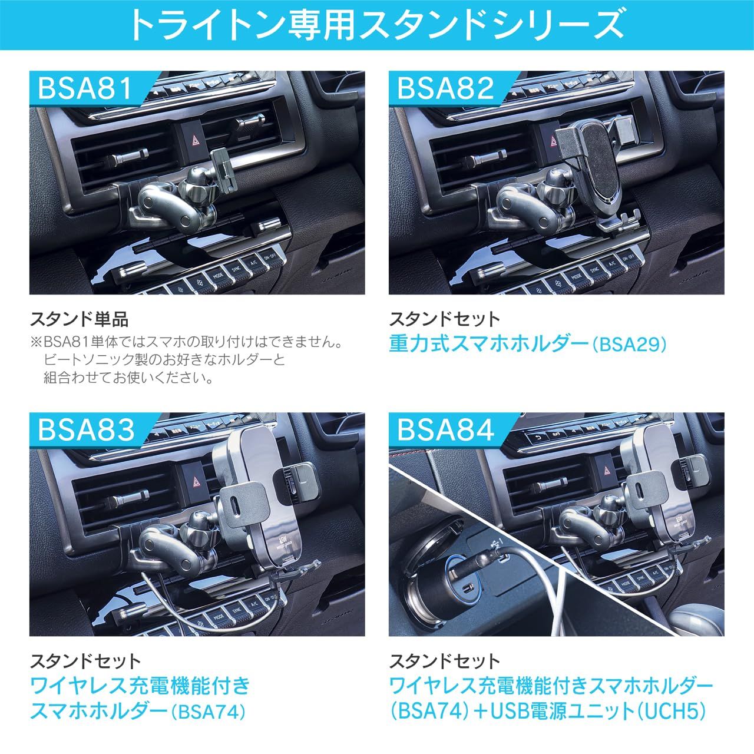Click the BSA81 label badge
pyautogui.click(x=90, y=88)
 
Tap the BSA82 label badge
pyautogui.click(x=449, y=88)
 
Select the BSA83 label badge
pyautogui.click(x=91, y=430)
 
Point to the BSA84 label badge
pyautogui.click(x=450, y=430)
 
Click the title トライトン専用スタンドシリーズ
pyautogui.click(x=376, y=25)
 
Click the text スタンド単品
pyautogui.click(x=79, y=320)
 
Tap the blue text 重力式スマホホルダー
pyautogui.click(x=489, y=344)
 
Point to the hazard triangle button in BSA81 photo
pyautogui.click(x=194, y=141)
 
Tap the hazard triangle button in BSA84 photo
pyautogui.click(x=607, y=471)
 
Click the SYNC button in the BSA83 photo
pyautogui.click(x=236, y=611)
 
